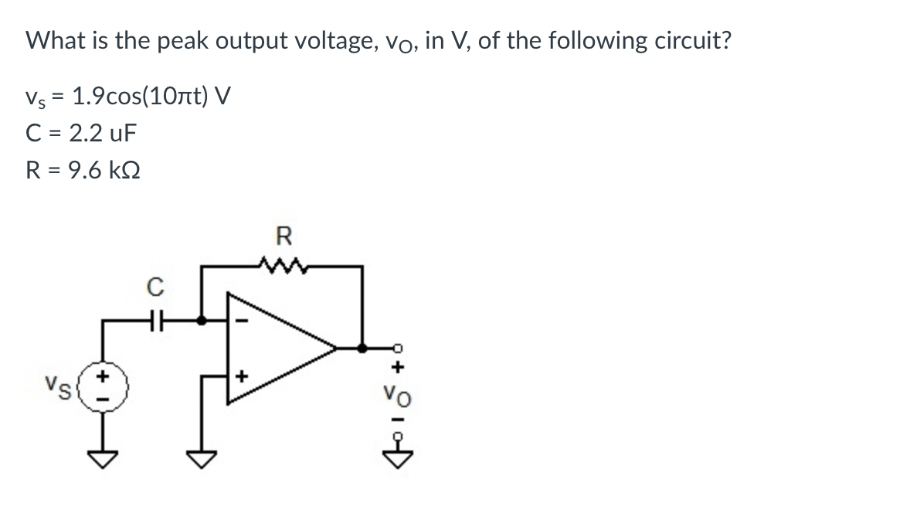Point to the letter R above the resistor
point(282,235)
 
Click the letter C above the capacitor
point(154,288)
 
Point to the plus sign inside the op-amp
point(241,376)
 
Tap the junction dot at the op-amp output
point(362,348)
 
